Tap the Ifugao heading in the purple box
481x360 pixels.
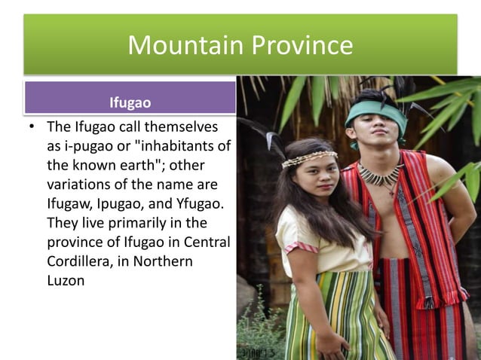(x=130, y=100)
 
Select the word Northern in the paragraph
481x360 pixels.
(x=168, y=261)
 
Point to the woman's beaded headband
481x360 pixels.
(x=309, y=157)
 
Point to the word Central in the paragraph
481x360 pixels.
(x=204, y=243)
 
